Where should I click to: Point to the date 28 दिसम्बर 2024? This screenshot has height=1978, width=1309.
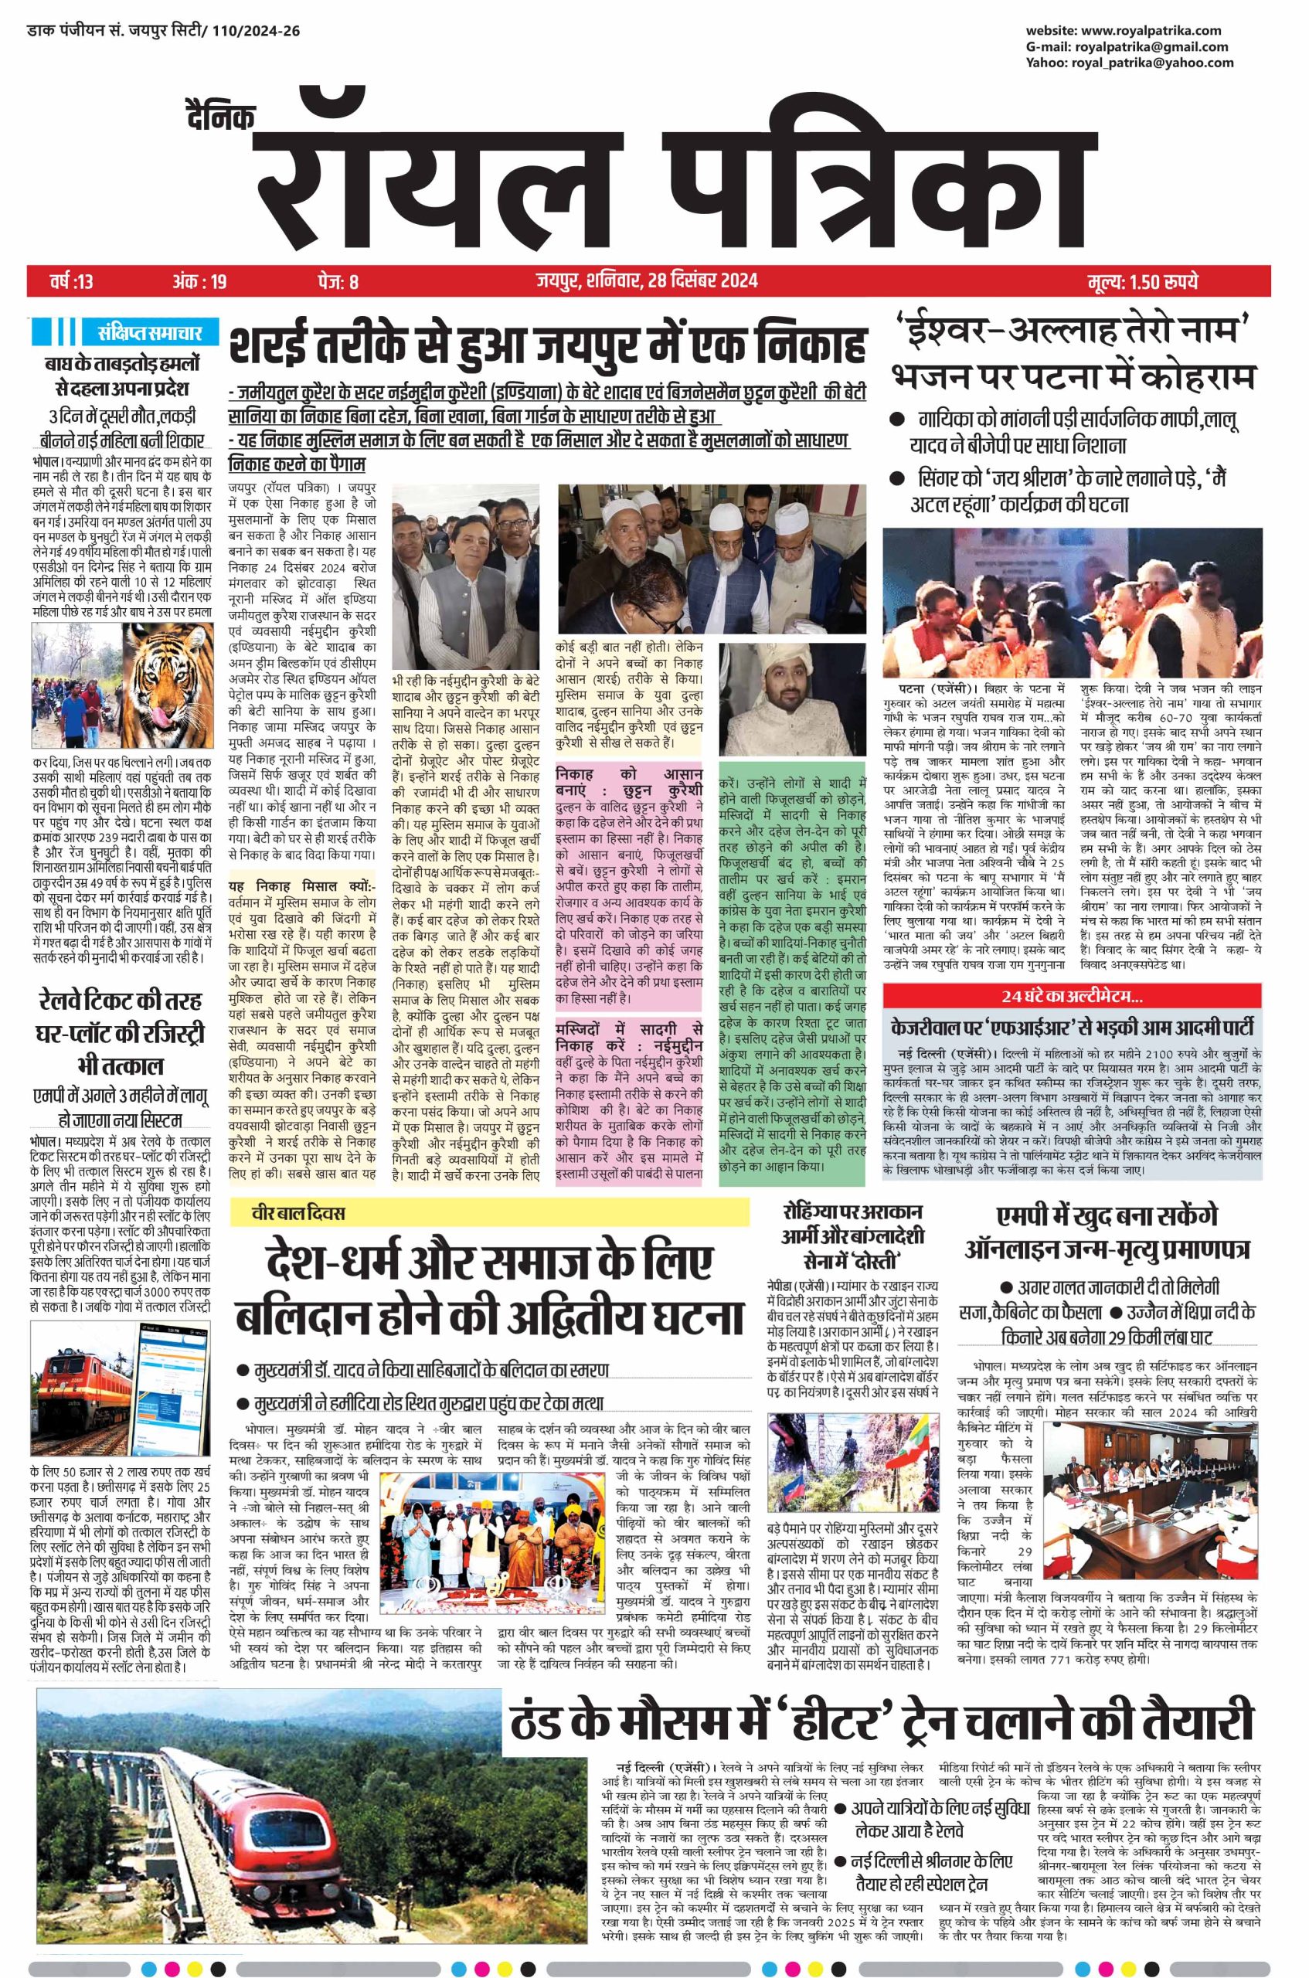pos(702,280)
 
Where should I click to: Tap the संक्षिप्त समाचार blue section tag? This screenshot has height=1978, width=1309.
pos(143,333)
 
